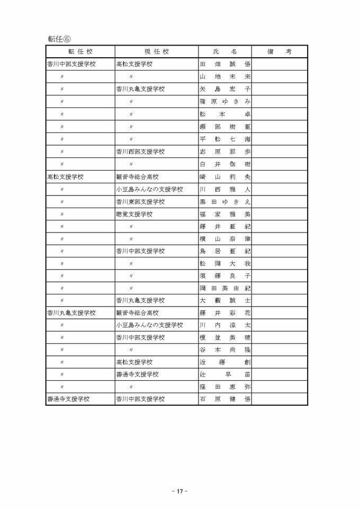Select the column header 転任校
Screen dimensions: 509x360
pos(80,52)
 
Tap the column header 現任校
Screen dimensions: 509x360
pos(157,52)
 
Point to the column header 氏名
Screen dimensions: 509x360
pos(225,52)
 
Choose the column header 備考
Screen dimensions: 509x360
pos(280,52)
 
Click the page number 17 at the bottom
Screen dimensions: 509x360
pos(180,491)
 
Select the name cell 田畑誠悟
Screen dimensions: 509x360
pos(225,65)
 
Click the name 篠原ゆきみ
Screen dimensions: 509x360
pos(225,101)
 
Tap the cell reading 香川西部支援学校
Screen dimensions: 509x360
pos(140,151)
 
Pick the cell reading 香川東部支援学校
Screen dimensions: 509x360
pos(140,202)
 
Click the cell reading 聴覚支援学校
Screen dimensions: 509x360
pos(134,215)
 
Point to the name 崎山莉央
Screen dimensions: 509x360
pos(225,177)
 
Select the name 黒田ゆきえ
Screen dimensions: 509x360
pos(225,202)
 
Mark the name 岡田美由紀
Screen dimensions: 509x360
pos(225,288)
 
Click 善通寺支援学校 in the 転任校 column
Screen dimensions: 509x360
pos(68,399)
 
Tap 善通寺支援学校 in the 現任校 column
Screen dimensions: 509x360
pos(137,374)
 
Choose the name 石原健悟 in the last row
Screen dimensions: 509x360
pos(225,399)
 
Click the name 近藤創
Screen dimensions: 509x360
pos(225,362)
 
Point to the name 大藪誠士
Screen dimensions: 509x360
pos(225,300)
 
